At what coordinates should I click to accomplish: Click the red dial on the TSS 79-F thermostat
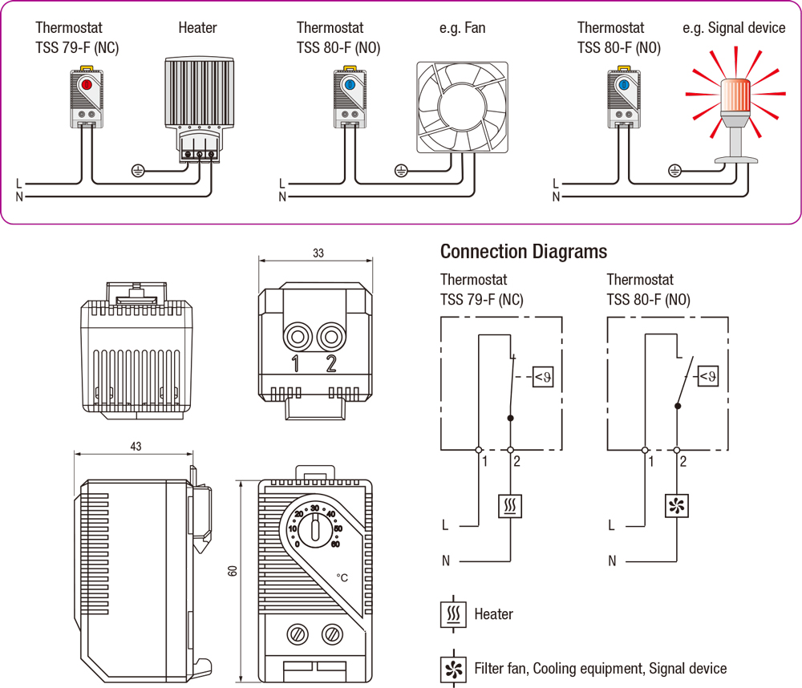(x=87, y=83)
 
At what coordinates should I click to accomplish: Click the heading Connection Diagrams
(x=523, y=252)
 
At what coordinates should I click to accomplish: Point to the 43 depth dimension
(x=135, y=447)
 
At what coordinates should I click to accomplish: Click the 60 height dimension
(x=233, y=571)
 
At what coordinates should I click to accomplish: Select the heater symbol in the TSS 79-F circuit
(x=511, y=507)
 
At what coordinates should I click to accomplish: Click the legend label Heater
(x=493, y=614)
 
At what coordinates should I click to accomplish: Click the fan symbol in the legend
(x=452, y=668)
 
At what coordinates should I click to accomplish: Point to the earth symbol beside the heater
(x=138, y=170)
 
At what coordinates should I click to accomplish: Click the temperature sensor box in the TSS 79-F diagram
(x=543, y=375)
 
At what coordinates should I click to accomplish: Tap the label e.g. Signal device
(x=734, y=28)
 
